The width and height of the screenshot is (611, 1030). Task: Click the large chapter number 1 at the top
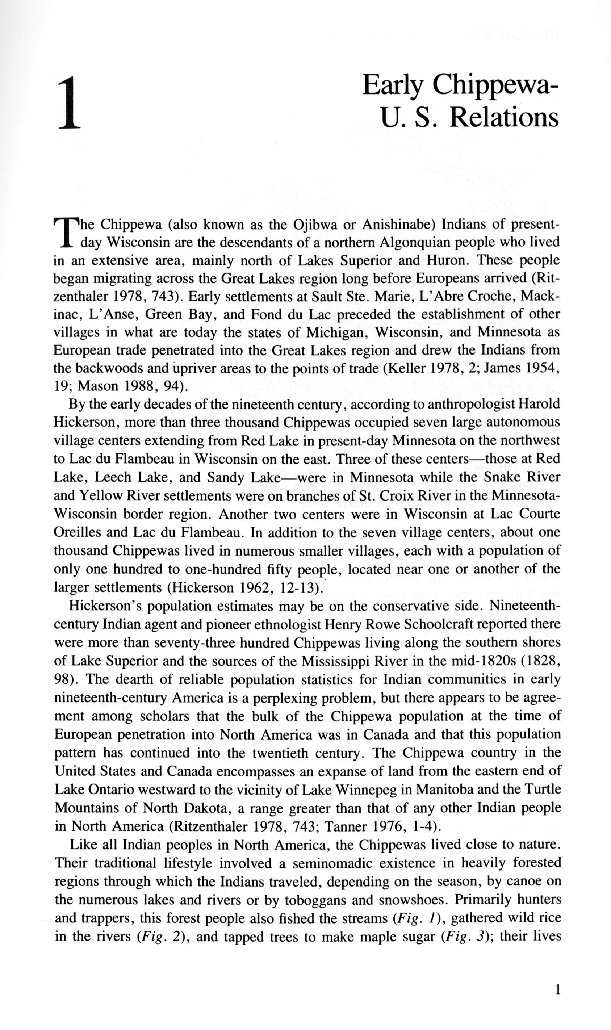(x=69, y=104)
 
